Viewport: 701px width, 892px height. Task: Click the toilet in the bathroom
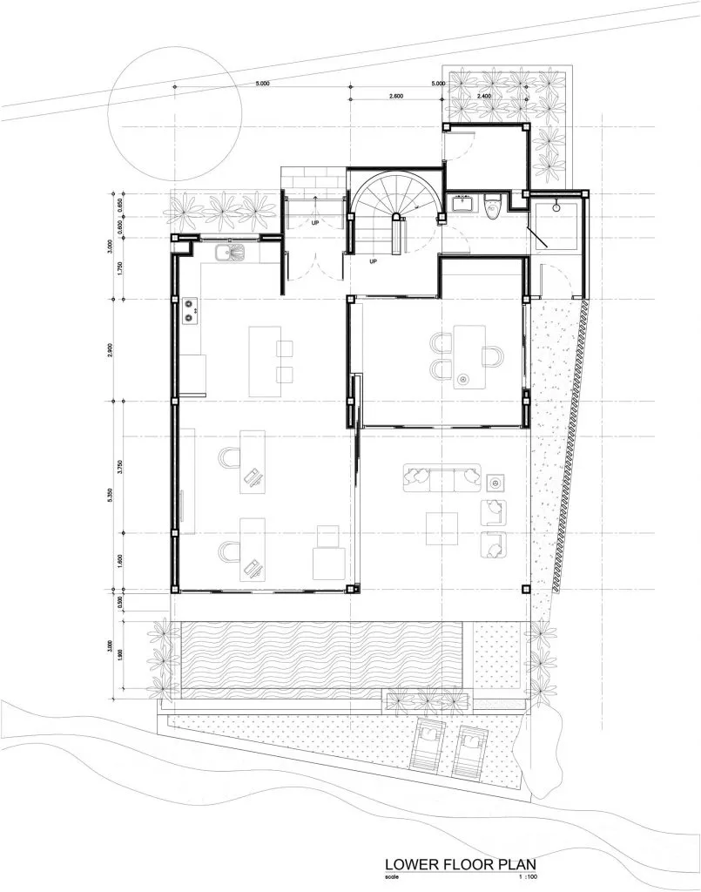[x=492, y=207]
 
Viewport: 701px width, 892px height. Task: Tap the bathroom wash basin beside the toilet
[x=462, y=206]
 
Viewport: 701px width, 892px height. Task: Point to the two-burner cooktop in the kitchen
[x=191, y=311]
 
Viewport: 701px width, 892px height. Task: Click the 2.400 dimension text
[x=484, y=96]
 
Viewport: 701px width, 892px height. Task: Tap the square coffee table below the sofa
[x=441, y=526]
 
